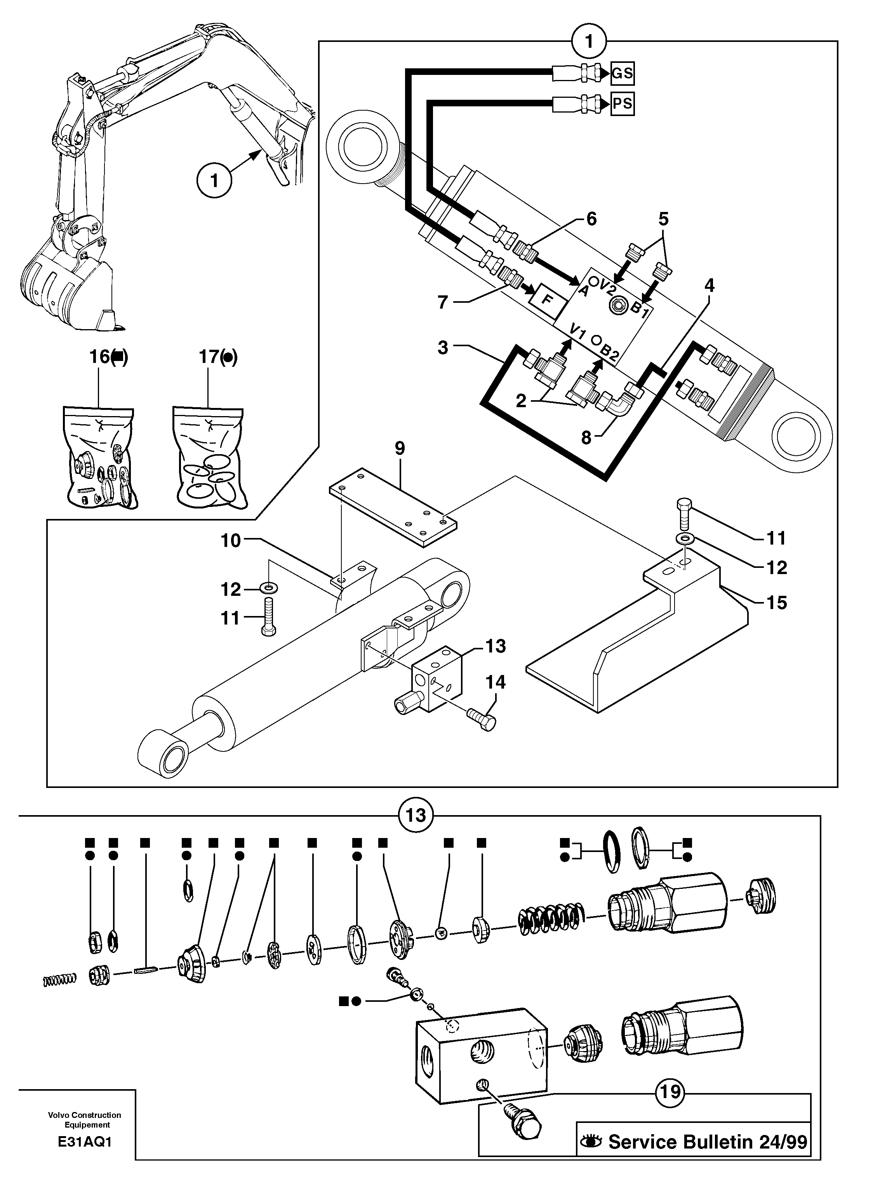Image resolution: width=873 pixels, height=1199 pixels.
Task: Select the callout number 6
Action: (x=591, y=219)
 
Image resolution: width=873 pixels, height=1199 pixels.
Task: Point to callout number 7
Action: (x=443, y=302)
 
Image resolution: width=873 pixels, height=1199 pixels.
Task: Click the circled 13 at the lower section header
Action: (x=416, y=816)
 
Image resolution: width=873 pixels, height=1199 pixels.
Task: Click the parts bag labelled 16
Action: (x=99, y=457)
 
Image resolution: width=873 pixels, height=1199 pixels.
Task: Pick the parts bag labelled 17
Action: (x=209, y=457)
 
